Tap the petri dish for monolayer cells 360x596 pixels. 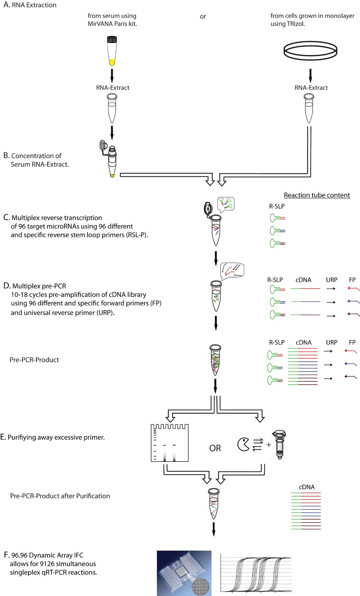point(310,51)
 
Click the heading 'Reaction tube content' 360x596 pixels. point(317,195)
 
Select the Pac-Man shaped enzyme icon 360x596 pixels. point(243,444)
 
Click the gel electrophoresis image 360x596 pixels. point(170,443)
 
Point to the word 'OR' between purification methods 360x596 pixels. point(215,448)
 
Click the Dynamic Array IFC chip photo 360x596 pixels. point(184,573)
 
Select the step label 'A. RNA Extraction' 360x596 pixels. point(30,5)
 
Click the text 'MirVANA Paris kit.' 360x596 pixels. point(112,24)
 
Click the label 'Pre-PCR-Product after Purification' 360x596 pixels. point(60,496)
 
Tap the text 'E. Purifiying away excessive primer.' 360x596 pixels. point(53,437)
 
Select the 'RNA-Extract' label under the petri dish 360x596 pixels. point(311,88)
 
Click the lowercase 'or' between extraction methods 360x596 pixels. point(203,17)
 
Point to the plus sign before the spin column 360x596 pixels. point(269,445)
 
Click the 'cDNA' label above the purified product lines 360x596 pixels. point(307,487)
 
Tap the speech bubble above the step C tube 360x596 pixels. point(226,203)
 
